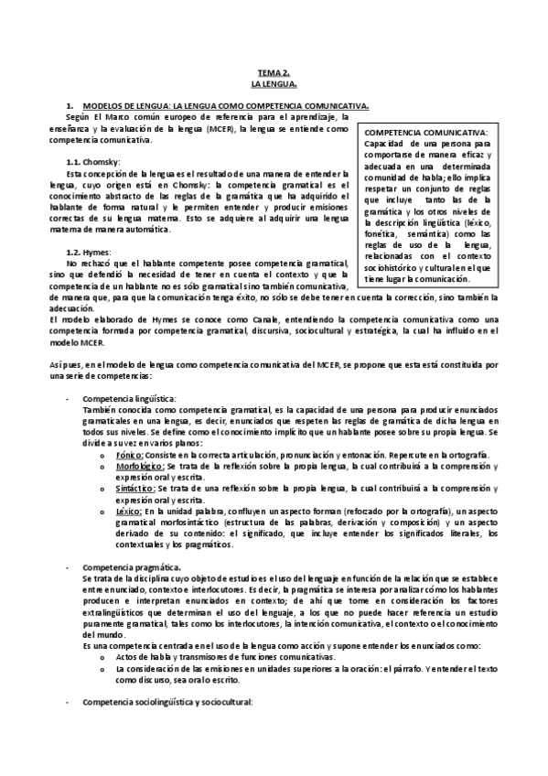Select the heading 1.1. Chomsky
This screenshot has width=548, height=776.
pos(94,161)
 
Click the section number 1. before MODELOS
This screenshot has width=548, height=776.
pos(70,107)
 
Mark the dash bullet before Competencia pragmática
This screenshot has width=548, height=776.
pos(68,568)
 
